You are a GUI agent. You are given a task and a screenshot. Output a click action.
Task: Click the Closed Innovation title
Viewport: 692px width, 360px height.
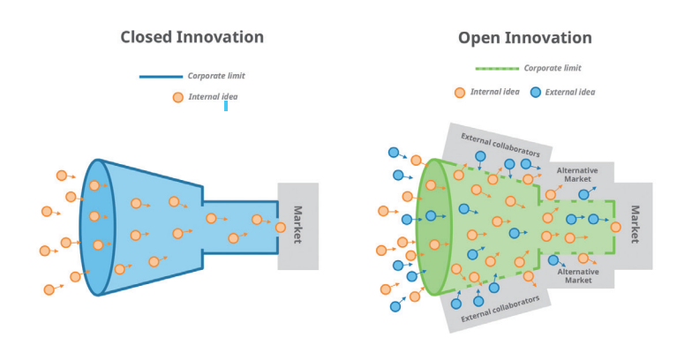pos(192,37)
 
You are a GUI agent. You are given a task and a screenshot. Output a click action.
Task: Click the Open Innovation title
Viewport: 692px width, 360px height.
pos(524,38)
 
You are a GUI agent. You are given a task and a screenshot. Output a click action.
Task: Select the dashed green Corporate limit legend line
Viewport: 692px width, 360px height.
pos(497,68)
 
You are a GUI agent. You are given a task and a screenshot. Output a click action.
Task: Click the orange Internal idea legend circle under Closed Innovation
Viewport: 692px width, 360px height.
pos(177,97)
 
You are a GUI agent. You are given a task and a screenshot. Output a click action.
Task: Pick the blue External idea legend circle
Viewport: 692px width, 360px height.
pos(536,93)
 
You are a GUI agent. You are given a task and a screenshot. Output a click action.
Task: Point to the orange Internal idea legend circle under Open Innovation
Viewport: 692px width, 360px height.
pos(459,93)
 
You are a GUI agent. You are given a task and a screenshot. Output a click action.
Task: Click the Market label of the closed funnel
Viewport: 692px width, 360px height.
pos(298,226)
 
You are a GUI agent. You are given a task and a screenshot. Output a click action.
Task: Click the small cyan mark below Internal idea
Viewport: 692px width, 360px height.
pos(226,106)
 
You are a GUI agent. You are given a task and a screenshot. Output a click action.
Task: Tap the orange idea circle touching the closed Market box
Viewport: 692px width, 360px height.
pos(280,227)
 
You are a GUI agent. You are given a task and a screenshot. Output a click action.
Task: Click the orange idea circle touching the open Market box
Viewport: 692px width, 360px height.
pos(615,227)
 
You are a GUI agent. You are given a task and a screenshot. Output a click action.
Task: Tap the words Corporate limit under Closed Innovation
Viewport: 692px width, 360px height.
pos(216,77)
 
